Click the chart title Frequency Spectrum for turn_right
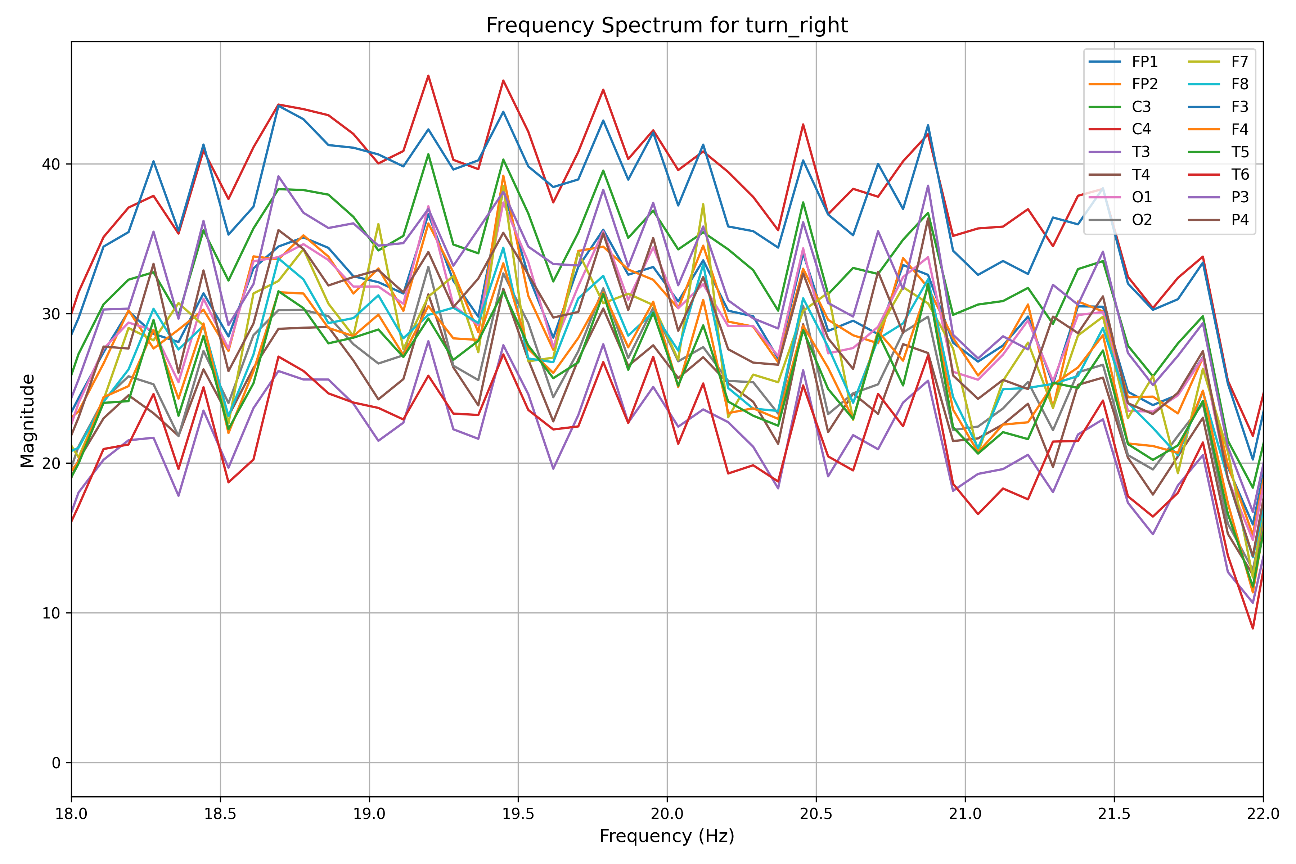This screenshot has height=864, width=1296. pos(667,25)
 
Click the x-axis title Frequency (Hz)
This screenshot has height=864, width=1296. pos(667,836)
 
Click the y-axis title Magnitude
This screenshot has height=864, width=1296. pos(28,420)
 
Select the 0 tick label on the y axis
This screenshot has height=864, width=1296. pos(56,763)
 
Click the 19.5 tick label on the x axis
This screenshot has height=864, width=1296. pos(518,814)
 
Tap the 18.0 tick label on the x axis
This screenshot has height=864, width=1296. pos(72,814)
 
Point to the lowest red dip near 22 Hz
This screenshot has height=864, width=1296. pos(1252,628)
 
